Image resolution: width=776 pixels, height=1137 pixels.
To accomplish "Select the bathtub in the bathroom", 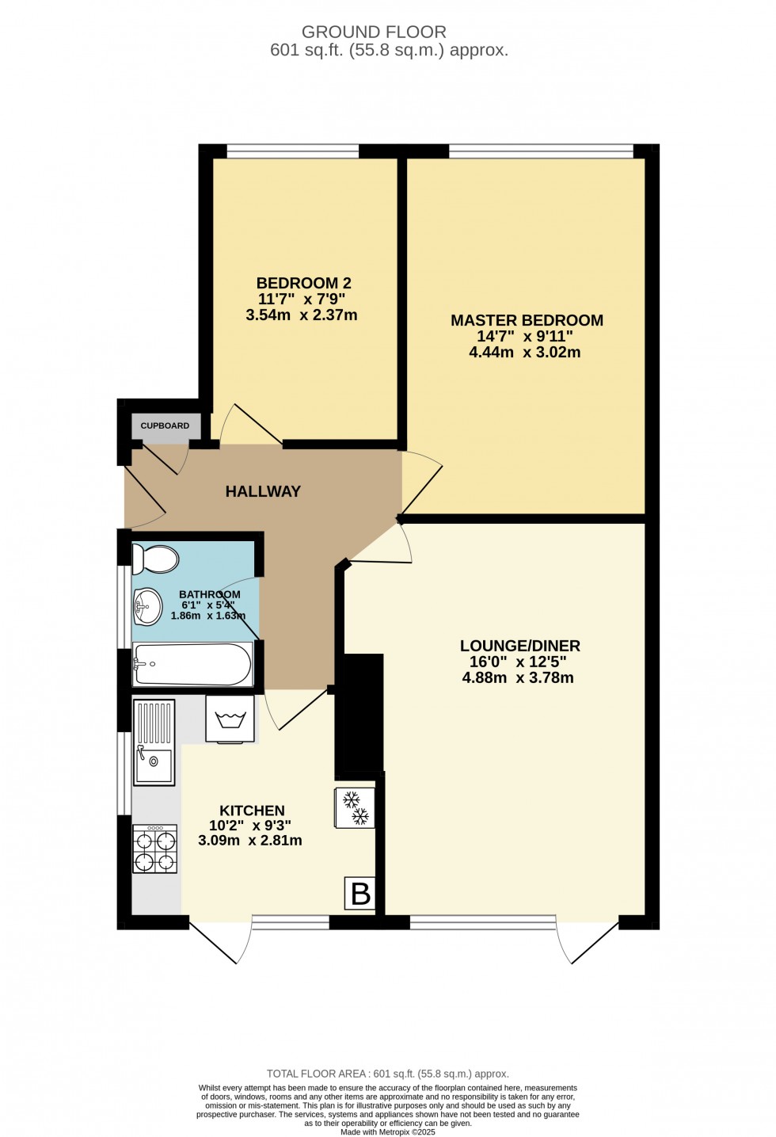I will [x=192, y=664].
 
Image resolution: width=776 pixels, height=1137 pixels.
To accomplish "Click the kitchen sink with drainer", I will [x=154, y=742].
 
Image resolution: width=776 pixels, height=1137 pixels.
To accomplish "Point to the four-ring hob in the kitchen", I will [x=154, y=849].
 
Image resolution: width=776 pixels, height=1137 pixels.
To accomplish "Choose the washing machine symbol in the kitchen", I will [x=230, y=719].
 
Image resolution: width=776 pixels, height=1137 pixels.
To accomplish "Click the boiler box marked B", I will [x=360, y=894].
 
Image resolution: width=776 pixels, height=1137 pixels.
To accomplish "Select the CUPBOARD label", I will [x=165, y=425].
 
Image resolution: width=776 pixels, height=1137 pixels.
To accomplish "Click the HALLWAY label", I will [x=263, y=491].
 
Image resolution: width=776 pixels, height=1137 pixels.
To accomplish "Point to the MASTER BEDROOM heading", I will [x=527, y=320].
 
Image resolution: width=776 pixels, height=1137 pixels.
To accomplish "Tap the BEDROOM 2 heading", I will [x=303, y=283].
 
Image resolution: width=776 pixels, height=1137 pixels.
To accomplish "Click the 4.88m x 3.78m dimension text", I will [x=518, y=677].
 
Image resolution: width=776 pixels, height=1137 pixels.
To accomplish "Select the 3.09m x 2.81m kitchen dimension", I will [x=250, y=841].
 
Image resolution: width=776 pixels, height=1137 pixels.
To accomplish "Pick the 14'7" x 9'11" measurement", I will [x=525, y=336].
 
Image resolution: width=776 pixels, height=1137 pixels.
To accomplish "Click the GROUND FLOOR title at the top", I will [x=374, y=32].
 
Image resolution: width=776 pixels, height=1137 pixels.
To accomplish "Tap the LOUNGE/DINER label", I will [x=520, y=646].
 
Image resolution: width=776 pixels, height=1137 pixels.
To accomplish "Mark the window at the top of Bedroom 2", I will [x=292, y=151].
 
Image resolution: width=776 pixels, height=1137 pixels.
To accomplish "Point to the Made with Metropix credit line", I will [x=388, y=1132].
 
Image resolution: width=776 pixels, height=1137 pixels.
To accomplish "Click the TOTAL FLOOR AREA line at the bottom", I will [x=388, y=1074].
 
